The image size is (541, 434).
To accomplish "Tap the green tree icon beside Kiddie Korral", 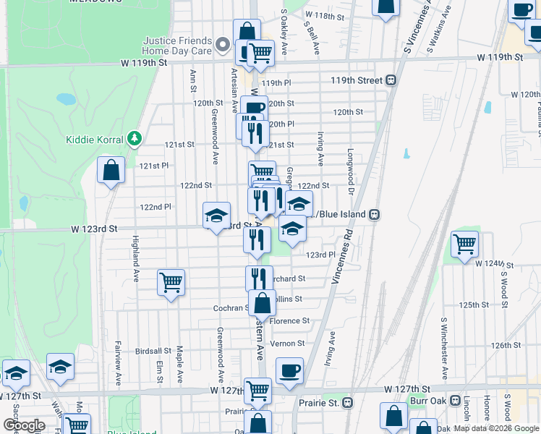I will click(x=133, y=137).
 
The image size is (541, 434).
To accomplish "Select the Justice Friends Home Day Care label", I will click(x=177, y=46).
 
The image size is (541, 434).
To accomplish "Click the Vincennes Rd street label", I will click(x=343, y=257).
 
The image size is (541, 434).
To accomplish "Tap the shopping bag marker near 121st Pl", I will click(x=111, y=171).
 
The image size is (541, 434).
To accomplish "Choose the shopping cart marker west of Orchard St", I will click(x=171, y=281).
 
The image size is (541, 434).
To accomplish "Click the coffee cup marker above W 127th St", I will click(x=289, y=370).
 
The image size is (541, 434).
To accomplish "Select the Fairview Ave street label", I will click(x=119, y=359).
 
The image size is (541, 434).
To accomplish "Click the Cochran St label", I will click(x=231, y=308).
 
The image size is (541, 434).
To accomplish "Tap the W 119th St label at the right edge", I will click(x=500, y=56).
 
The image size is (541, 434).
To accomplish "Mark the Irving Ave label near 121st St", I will click(x=320, y=148).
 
